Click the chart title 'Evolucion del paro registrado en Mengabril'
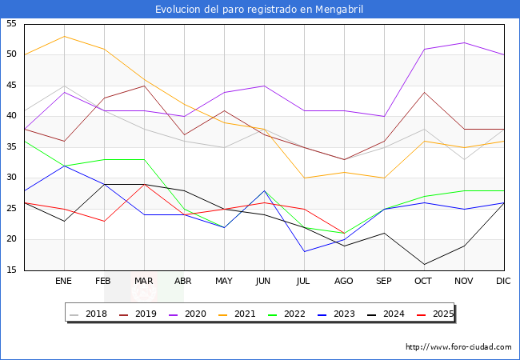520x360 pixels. click(x=260, y=9)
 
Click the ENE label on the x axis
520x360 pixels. click(x=64, y=282)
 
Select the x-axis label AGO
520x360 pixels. click(x=344, y=282)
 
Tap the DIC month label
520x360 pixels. click(x=504, y=282)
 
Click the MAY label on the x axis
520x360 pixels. click(x=224, y=282)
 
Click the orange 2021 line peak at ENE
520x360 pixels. click(x=64, y=36)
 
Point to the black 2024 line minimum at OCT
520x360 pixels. click(x=424, y=264)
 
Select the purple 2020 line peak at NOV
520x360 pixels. click(x=464, y=42)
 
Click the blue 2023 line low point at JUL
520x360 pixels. click(x=304, y=251)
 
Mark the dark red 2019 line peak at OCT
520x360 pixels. click(x=424, y=92)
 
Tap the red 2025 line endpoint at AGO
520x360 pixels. click(x=344, y=233)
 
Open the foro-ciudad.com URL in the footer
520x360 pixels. click(x=458, y=347)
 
